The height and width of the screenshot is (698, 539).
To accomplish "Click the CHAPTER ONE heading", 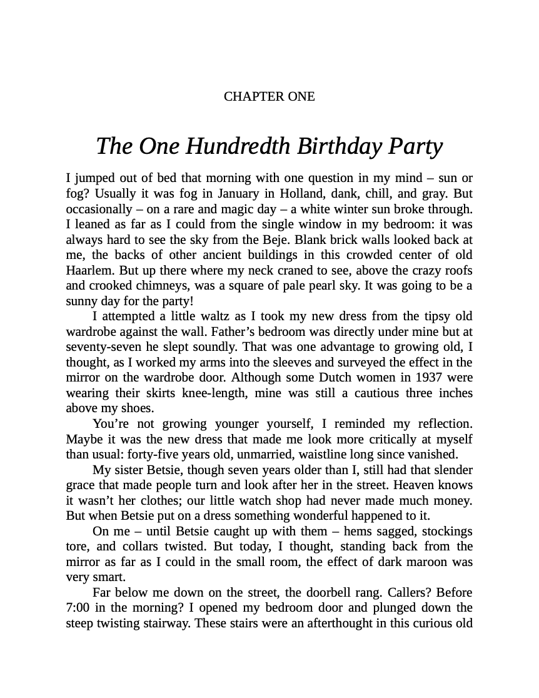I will coord(269,96).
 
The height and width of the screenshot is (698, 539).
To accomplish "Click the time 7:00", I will coord(80,608).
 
